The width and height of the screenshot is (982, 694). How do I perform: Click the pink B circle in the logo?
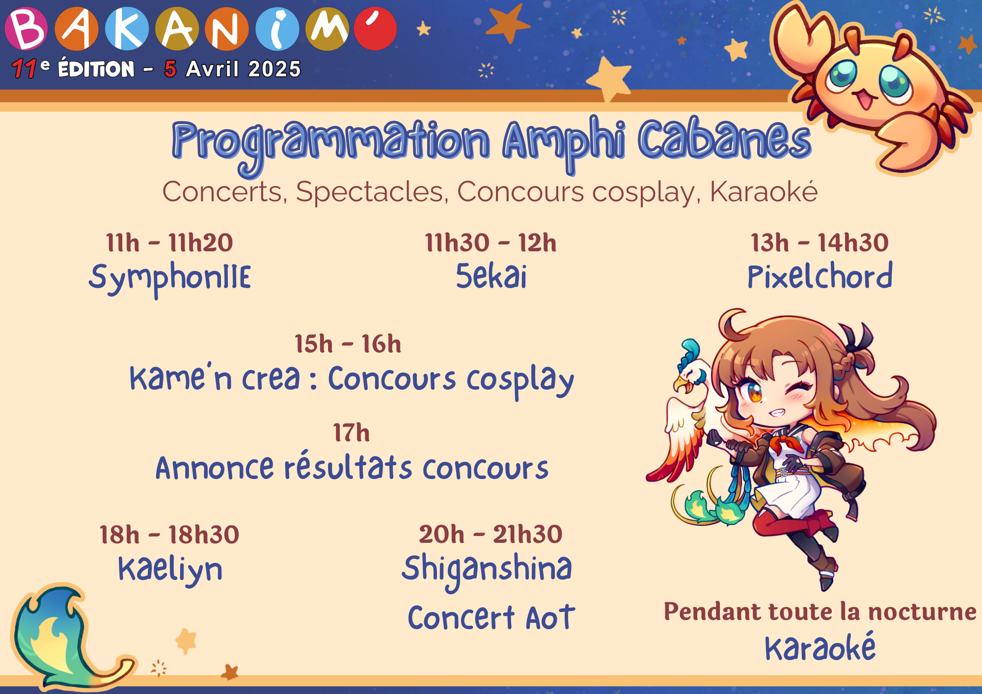point(27,28)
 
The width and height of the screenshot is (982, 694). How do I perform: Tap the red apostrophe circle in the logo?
point(375,28)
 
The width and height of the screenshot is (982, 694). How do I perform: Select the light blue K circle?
point(127,28)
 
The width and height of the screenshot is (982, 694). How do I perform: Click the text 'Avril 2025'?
point(243,69)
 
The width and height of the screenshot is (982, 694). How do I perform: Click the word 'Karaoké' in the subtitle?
point(764,191)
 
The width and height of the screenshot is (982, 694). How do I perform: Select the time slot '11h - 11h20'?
point(169,243)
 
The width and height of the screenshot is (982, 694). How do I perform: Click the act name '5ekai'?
point(491,276)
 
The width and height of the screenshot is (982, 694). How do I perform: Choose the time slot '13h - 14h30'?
point(819,243)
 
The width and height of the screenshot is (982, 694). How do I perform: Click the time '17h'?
point(351,433)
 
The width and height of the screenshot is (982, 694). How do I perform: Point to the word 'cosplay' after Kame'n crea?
point(520,381)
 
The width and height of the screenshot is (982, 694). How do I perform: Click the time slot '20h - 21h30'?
point(491,534)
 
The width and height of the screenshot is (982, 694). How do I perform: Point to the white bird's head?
point(693,374)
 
